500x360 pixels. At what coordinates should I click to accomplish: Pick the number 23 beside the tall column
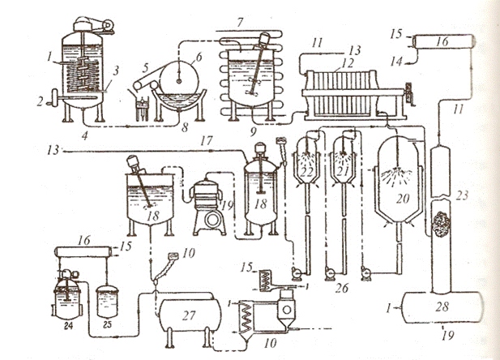pos(463,194)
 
